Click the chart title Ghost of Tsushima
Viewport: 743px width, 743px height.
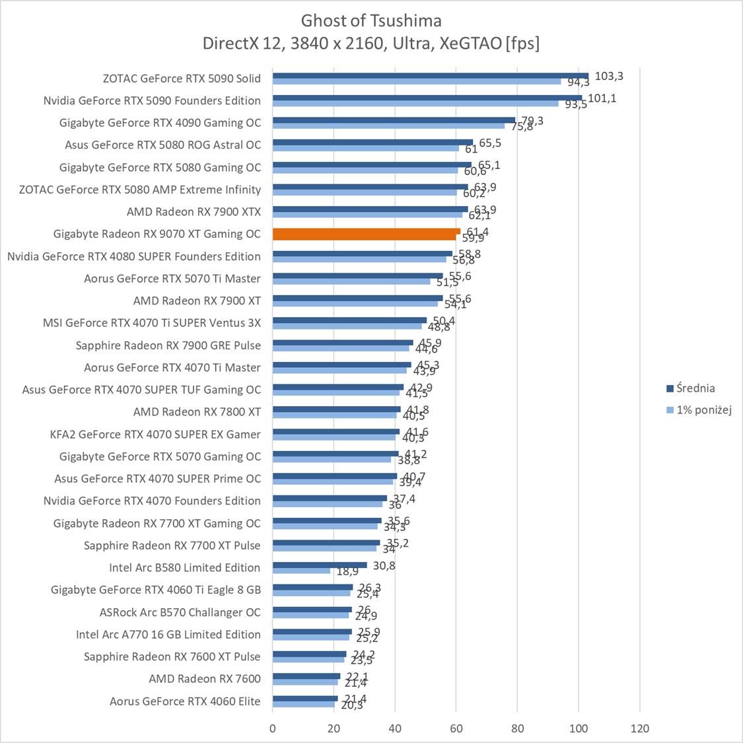coord(371,20)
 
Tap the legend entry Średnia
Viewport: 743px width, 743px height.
coord(690,388)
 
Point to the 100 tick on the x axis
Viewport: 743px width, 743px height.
coord(579,728)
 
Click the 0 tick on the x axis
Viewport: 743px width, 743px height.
coord(273,728)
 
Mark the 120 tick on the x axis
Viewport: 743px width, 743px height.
coord(640,728)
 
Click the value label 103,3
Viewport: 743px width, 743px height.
coord(609,76)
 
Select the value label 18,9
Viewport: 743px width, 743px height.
coord(348,572)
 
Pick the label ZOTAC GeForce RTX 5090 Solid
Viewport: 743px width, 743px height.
coord(182,78)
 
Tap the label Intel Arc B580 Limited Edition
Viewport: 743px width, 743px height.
coord(185,567)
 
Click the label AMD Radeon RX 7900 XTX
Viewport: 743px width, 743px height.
coord(194,211)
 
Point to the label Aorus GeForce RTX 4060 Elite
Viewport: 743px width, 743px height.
coord(185,701)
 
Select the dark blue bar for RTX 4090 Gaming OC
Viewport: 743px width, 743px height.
coord(394,120)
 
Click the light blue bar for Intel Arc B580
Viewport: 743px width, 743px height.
coord(302,571)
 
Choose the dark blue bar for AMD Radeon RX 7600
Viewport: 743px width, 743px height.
coord(306,676)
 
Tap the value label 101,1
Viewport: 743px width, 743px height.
coord(602,98)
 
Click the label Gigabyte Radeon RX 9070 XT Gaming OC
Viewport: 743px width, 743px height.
coord(157,234)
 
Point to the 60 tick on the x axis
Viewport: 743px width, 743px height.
coord(456,728)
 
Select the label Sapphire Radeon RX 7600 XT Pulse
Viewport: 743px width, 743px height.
coord(172,656)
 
